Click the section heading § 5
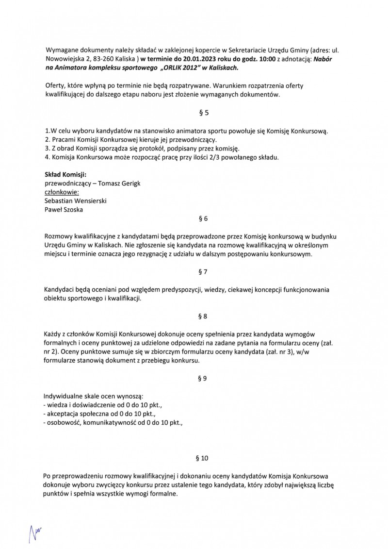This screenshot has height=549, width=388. coord(204,114)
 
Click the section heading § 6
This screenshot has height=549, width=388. coord(204,218)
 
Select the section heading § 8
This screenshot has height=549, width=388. coord(204,316)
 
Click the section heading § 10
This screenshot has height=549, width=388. coord(204,458)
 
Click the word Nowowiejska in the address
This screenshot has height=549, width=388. coord(65,59)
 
